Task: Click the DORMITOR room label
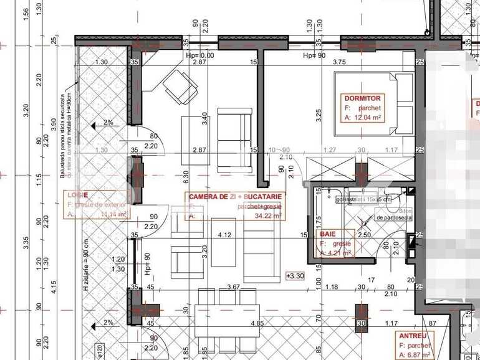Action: point(362,98)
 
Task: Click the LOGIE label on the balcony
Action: point(77,195)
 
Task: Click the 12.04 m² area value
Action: point(367,116)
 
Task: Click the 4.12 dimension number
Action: point(224,235)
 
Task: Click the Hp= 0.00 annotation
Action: point(199,55)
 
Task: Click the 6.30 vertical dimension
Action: point(185,177)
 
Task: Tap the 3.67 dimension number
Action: point(233,287)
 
